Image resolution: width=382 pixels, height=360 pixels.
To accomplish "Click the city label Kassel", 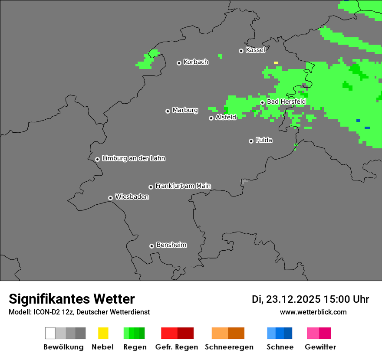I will click(255, 50).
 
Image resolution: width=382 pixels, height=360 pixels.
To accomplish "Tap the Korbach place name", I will click(196, 62).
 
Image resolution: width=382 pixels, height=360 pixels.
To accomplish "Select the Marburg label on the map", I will click(185, 110).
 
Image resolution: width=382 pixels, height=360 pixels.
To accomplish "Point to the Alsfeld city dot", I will click(211, 118).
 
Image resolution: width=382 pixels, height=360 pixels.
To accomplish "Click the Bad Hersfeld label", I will click(286, 101).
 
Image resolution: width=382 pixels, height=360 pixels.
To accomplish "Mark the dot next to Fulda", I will click(251, 141).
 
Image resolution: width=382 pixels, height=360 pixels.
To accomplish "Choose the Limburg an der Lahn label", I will click(133, 158).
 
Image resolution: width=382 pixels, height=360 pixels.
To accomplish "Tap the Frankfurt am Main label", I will click(183, 186).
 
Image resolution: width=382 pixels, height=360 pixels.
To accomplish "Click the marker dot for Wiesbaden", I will click(111, 198).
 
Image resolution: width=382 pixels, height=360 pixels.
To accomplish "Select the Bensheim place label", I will click(171, 245).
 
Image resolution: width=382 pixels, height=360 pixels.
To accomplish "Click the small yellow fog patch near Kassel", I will click(276, 62).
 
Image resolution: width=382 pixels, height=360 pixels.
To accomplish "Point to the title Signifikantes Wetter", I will click(72, 299).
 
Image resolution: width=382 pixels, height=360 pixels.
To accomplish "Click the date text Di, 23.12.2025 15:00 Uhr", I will click(310, 299).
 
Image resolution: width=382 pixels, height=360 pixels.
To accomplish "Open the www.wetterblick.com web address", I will click(313, 312).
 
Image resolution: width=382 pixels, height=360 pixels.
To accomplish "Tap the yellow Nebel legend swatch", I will click(103, 333).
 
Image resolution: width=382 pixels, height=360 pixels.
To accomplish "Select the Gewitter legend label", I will click(320, 347).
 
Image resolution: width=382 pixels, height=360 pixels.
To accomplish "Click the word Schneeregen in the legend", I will click(229, 347).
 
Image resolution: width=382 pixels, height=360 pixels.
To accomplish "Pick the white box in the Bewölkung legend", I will click(50, 333).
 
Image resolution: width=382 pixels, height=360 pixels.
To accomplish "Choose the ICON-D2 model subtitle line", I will click(79, 312).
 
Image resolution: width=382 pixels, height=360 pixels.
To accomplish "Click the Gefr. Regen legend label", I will click(177, 347).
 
